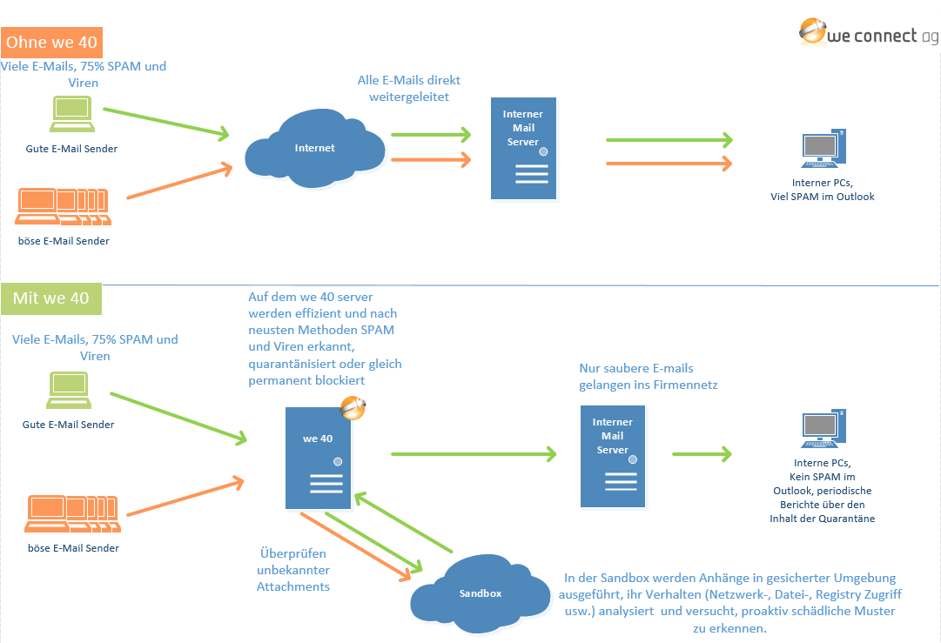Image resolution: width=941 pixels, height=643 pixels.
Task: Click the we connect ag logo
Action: (x=868, y=33)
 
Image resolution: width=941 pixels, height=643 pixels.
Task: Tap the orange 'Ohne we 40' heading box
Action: (x=52, y=42)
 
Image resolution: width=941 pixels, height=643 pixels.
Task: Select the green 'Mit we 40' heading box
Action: (x=51, y=298)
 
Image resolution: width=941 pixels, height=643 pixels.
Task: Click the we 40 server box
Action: (x=319, y=458)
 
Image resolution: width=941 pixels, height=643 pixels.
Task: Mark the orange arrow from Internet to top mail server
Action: (x=430, y=160)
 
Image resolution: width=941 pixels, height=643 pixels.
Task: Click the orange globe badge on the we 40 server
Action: (x=353, y=407)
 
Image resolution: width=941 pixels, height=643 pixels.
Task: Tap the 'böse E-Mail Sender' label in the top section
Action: (x=64, y=241)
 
